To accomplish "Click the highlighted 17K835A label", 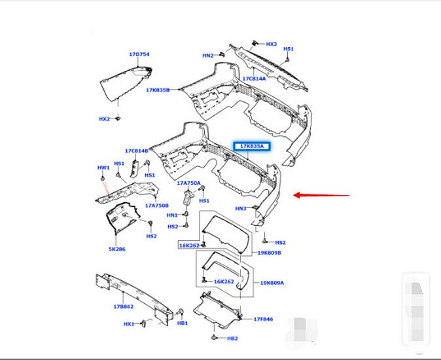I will tap(252, 146).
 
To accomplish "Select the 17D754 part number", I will tap(139, 55).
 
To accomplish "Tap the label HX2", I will tap(104, 119).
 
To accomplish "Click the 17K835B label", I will tap(158, 90).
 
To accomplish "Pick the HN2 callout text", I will tap(207, 56).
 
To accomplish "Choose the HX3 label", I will tap(272, 44).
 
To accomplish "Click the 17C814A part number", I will tap(255, 79).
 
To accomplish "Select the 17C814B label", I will tap(137, 151).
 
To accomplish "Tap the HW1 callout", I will tap(103, 168).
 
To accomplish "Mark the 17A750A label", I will tap(188, 183).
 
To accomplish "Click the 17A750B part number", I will tap(157, 206).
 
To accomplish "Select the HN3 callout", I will tap(241, 209).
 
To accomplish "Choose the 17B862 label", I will tap(123, 306).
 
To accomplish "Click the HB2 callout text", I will tap(232, 338).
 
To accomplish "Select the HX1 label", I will tap(128, 323).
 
